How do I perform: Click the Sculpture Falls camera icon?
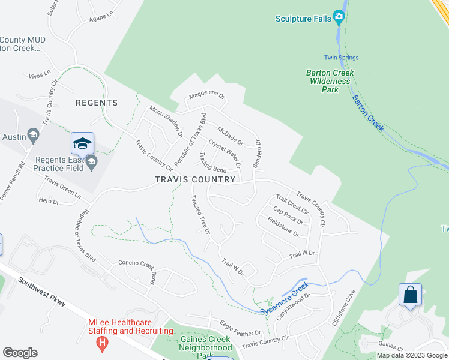tap(339, 18)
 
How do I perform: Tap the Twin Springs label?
tap(341, 58)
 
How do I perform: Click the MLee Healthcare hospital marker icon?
tap(103, 343)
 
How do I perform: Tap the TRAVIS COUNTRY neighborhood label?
tap(195, 179)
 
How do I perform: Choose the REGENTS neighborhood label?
tap(97, 103)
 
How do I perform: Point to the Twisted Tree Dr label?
tap(200, 214)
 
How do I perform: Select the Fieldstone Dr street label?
tap(283, 226)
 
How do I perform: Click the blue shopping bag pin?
tap(410, 295)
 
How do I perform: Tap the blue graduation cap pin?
tap(82, 144)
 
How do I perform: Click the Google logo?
tap(20, 353)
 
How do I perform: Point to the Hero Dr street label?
tap(49, 201)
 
